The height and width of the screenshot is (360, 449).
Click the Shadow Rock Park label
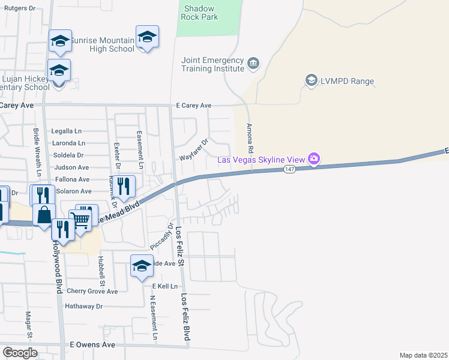tap(200, 13)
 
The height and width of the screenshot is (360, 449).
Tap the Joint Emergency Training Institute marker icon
tap(253, 63)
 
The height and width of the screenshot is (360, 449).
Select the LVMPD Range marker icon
tap(311, 80)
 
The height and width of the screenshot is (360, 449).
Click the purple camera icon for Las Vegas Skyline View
tap(313, 159)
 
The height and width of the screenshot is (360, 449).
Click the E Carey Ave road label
tap(193, 106)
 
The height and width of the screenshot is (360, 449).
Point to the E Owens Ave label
tap(92, 345)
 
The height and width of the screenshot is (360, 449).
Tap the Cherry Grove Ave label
tap(92, 292)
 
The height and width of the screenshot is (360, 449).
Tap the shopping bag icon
tap(44, 215)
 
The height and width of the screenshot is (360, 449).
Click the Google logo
tap(20, 353)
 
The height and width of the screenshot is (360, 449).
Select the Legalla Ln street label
tap(66, 131)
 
